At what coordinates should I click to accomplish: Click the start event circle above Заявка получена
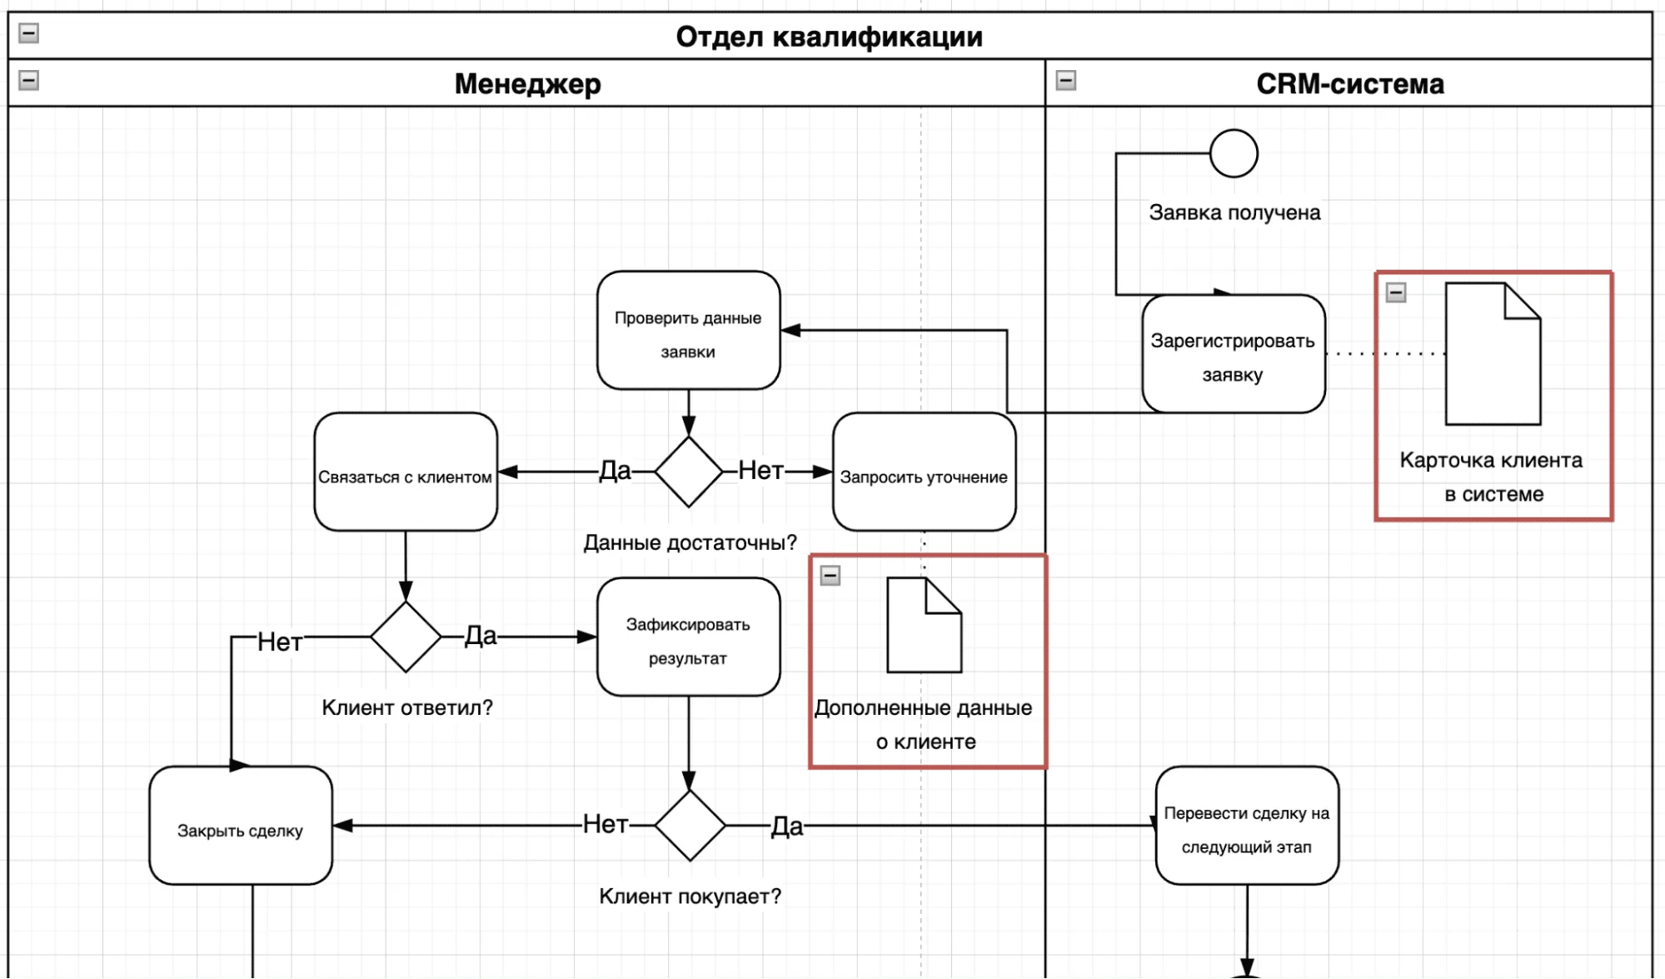point(1233,153)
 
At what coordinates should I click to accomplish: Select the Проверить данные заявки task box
point(688,331)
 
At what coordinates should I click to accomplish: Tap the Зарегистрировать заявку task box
point(1233,354)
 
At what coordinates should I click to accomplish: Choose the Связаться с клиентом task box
point(406,472)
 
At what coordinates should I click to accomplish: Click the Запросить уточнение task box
point(924,472)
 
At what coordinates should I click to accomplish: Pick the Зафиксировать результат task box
point(688,637)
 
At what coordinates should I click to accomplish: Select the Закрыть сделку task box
point(241,826)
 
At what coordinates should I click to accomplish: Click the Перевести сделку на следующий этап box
point(1247,826)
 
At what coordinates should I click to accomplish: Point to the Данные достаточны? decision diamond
point(689,472)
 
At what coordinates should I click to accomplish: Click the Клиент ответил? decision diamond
point(406,637)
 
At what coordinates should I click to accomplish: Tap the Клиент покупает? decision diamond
point(690,826)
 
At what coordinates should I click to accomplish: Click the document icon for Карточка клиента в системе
point(1493,354)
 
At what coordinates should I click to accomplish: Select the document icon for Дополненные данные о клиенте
point(924,625)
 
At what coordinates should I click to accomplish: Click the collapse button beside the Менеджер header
point(29,81)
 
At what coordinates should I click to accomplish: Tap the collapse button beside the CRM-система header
point(1065,81)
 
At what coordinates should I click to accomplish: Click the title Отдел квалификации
point(829,37)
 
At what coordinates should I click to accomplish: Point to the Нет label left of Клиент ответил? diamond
point(279,642)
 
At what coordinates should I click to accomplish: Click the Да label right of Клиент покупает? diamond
point(786,827)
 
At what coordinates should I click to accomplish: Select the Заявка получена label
point(1234,212)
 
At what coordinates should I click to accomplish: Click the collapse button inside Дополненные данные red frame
point(830,576)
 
